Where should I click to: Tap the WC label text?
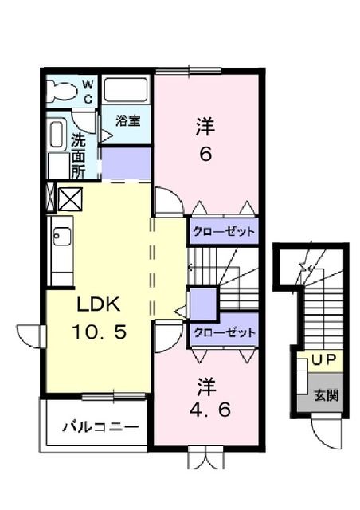coord(88,91)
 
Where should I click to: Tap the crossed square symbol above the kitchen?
coord(68,197)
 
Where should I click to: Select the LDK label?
coord(99,304)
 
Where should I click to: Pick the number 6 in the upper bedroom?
coord(205,154)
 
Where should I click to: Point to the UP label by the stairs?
coord(323,360)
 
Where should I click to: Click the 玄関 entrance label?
coord(323,394)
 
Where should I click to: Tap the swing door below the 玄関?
coord(327,430)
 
